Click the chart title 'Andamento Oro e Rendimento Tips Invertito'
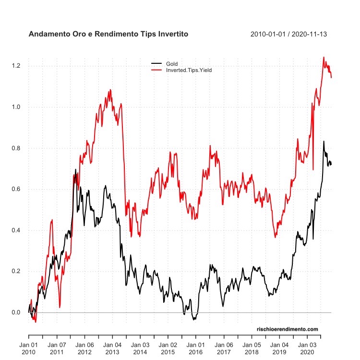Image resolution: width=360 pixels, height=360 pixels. click(x=108, y=35)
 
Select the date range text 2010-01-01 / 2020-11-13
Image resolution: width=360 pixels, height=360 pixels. click(x=292, y=35)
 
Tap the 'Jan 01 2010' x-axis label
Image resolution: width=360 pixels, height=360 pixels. click(x=29, y=348)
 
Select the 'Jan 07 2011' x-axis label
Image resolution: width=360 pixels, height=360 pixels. click(x=57, y=348)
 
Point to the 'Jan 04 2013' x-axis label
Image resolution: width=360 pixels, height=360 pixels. click(x=112, y=348)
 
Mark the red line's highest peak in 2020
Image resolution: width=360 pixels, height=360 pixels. click(x=324, y=57)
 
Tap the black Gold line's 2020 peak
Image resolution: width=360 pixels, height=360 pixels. click(x=324, y=142)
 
